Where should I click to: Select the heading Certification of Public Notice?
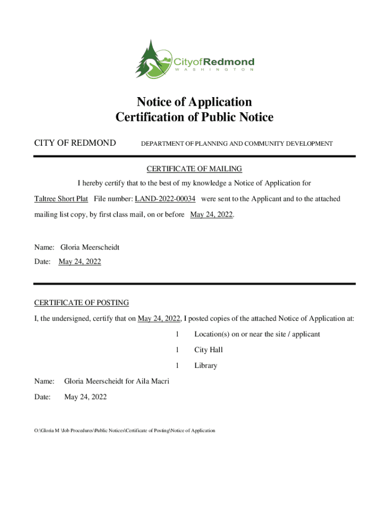194,117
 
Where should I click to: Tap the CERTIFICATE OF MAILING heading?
194,168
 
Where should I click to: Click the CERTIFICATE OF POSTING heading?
81,303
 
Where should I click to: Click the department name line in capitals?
236,144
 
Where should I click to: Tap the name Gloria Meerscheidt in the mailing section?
90,247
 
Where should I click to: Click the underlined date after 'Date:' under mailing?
80,262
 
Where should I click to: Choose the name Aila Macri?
152,381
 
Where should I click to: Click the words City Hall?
209,350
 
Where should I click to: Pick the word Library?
206,365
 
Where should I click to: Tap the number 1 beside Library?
177,365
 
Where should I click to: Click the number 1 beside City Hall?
177,350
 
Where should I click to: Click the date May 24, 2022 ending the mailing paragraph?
212,214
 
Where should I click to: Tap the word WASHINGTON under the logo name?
215,70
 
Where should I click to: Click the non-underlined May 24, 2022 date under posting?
85,397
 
